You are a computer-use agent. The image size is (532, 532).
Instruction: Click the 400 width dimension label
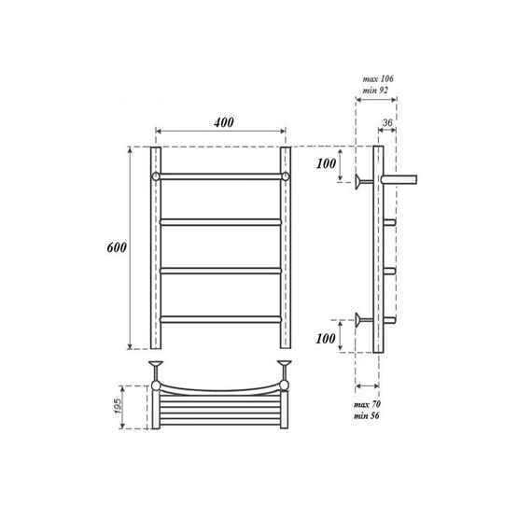point(221,122)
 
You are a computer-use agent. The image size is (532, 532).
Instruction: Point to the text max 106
point(376,78)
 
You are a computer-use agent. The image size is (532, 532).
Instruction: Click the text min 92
point(376,91)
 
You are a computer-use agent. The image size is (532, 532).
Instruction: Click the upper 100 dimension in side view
point(326,164)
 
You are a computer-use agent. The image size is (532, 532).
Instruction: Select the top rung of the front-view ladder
point(221,175)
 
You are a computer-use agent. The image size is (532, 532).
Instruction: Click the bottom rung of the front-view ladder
point(221,319)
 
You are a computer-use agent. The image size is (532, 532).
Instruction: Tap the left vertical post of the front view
point(156,247)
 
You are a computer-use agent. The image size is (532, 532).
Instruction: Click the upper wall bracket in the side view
point(360,180)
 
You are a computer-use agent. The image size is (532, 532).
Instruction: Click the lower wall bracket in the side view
point(360,321)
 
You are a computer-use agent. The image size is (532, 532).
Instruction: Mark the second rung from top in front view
point(221,221)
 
